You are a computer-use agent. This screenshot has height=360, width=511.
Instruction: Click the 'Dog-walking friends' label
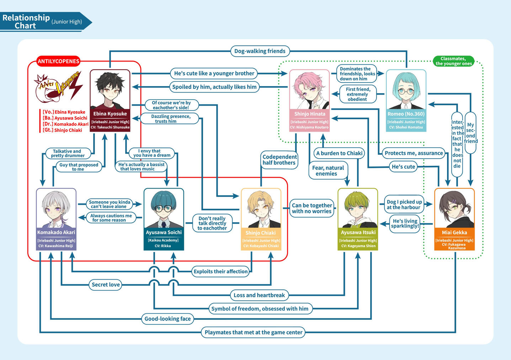(260, 51)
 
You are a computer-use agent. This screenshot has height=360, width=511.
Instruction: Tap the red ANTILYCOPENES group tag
(58, 61)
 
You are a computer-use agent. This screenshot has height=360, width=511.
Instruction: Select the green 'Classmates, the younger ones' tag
(453, 61)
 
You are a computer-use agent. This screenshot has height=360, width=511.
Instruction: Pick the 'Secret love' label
(106, 285)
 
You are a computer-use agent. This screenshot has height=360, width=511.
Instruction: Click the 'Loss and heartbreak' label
(259, 295)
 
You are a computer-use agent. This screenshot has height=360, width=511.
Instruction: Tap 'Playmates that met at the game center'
(253, 332)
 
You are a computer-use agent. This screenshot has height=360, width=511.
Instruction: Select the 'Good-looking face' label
(167, 319)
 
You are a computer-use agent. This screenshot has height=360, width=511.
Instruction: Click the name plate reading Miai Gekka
(454, 233)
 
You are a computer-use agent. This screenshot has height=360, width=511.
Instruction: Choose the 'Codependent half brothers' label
(279, 160)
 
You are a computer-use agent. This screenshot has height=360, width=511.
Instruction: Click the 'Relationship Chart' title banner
(43, 22)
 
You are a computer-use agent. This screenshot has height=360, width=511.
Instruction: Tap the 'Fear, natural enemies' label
(328, 171)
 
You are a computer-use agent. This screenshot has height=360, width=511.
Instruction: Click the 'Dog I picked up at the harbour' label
(404, 205)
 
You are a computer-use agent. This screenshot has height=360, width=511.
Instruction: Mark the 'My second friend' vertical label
(470, 133)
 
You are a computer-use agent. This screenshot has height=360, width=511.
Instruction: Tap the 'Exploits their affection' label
(220, 271)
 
